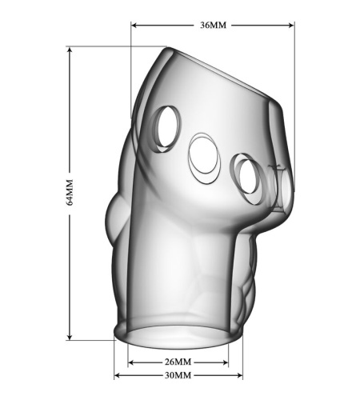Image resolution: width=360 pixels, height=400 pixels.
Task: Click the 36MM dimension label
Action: tap(213, 25)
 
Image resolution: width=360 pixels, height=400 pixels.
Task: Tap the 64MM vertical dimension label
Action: tap(70, 192)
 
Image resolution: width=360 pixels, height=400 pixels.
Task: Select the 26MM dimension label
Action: tap(178, 362)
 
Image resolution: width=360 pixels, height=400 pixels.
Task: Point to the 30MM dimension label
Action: tap(178, 375)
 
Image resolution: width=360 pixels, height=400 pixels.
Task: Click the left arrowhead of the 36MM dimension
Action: tap(134, 26)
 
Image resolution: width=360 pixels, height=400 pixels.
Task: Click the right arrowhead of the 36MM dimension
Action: tap(291, 26)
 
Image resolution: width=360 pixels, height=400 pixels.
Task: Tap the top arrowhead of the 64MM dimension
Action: tap(70, 50)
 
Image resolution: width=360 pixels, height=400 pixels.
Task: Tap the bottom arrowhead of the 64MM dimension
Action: tap(70, 337)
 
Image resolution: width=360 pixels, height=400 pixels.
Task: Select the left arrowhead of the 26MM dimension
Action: tap(131, 362)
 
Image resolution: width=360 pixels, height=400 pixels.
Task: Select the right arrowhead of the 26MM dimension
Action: tap(226, 362)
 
